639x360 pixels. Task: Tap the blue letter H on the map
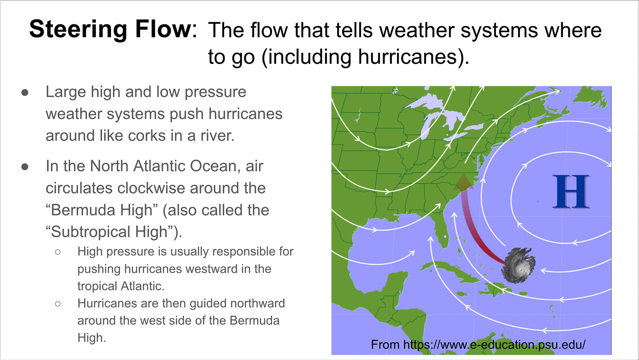tap(571, 191)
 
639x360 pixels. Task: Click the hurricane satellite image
tap(519, 265)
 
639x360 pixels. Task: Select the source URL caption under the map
tap(478, 344)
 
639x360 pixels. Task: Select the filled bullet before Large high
tap(25, 92)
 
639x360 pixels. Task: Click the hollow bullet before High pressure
tap(58, 252)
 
